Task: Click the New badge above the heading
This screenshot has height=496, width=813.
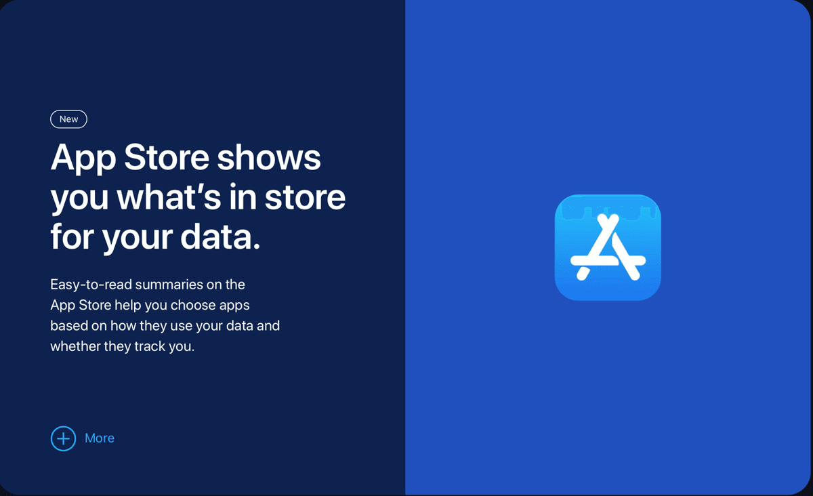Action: point(68,119)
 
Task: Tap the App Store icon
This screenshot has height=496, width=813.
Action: point(608,247)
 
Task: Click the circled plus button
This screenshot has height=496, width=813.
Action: point(63,438)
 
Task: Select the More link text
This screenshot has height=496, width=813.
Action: point(100,438)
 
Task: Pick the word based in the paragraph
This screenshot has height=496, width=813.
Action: point(69,326)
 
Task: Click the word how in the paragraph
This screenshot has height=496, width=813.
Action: point(123,326)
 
